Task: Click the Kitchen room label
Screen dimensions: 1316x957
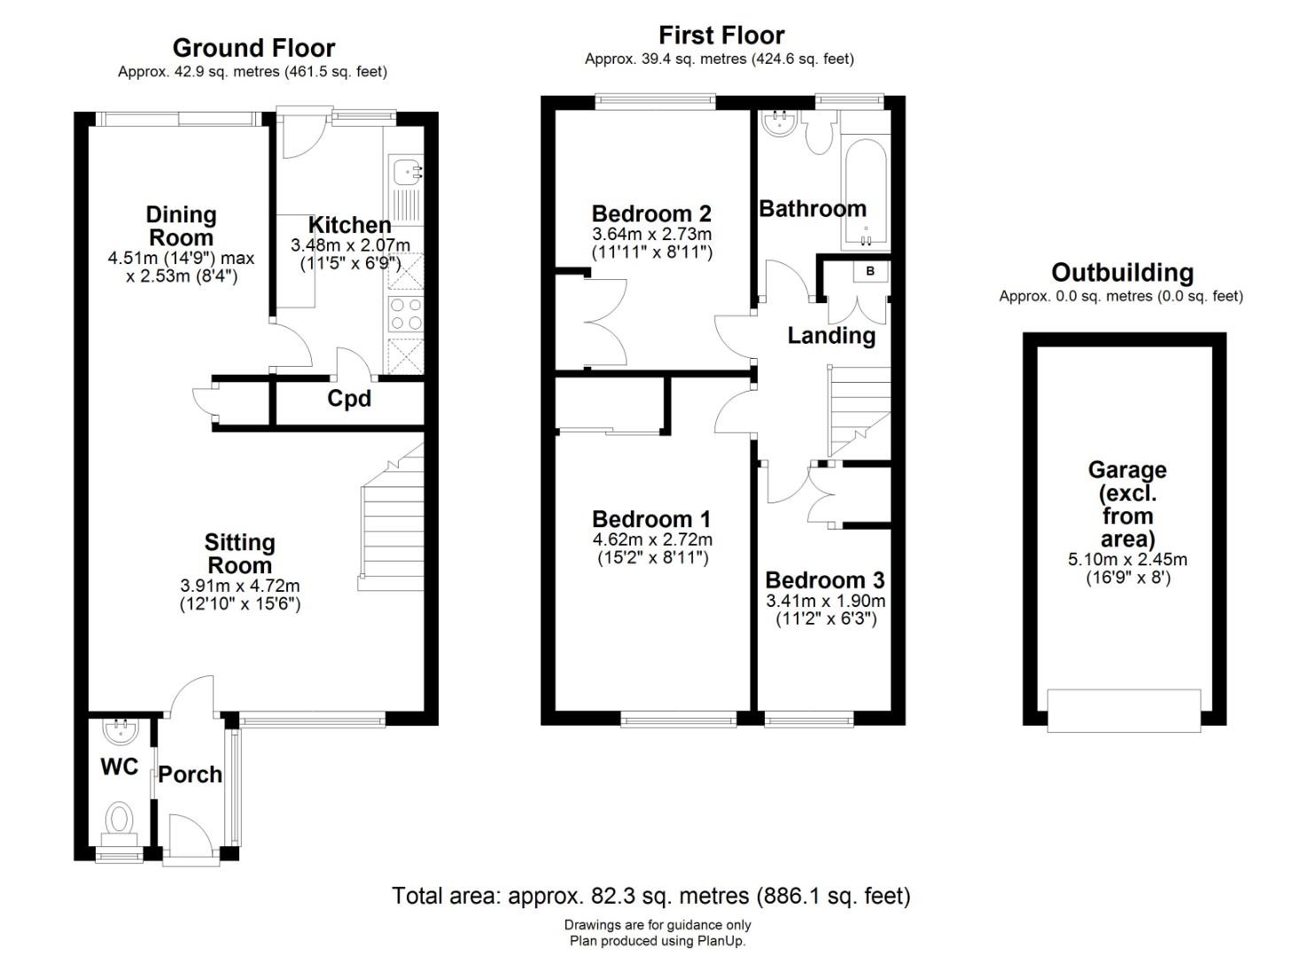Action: point(349,225)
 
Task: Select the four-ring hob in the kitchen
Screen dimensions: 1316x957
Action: point(406,315)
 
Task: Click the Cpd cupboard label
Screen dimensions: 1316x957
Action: point(349,399)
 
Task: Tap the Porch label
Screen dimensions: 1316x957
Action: point(191,775)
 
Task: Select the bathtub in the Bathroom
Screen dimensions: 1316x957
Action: point(866,194)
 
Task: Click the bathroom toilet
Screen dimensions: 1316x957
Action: point(817,135)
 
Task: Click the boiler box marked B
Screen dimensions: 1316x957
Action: point(870,271)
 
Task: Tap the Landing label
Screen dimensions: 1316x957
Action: point(831,336)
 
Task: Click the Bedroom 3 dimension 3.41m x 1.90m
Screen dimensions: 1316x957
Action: point(825,601)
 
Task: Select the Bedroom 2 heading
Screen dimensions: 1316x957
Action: point(651,214)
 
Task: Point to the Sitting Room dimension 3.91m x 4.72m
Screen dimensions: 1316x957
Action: point(239,586)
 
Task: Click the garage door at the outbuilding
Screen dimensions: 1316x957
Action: point(1124,711)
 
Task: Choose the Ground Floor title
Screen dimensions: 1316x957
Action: point(253,48)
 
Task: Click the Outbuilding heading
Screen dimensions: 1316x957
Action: point(1122,273)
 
